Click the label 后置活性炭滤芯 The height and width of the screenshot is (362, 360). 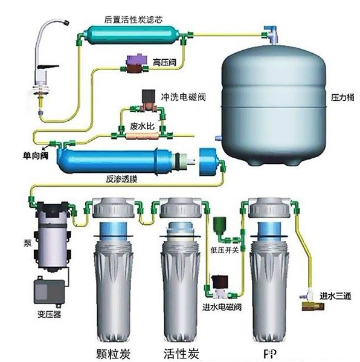pos(133,19)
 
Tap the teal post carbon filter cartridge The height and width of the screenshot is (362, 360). pos(131,34)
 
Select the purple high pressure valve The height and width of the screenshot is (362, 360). pos(135,63)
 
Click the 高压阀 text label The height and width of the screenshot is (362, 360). pos(164,62)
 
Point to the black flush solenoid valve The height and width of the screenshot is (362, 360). pos(148,96)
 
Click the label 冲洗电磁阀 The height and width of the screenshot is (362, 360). pos(183,97)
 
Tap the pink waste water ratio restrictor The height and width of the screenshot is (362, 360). pos(140,135)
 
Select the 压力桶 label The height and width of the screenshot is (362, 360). pos(342,97)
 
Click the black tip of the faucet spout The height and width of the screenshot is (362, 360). pos(66,22)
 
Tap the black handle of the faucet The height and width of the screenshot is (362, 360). pos(48,67)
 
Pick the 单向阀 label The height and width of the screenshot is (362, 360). pos(36,155)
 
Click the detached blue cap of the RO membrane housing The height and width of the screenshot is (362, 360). pos(208,161)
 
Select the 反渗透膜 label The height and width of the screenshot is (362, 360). pos(121,179)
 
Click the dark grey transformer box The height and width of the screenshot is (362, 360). pos(49,292)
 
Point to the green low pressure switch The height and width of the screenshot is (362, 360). pos(219,226)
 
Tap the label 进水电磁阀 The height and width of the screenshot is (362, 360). pos(222,307)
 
